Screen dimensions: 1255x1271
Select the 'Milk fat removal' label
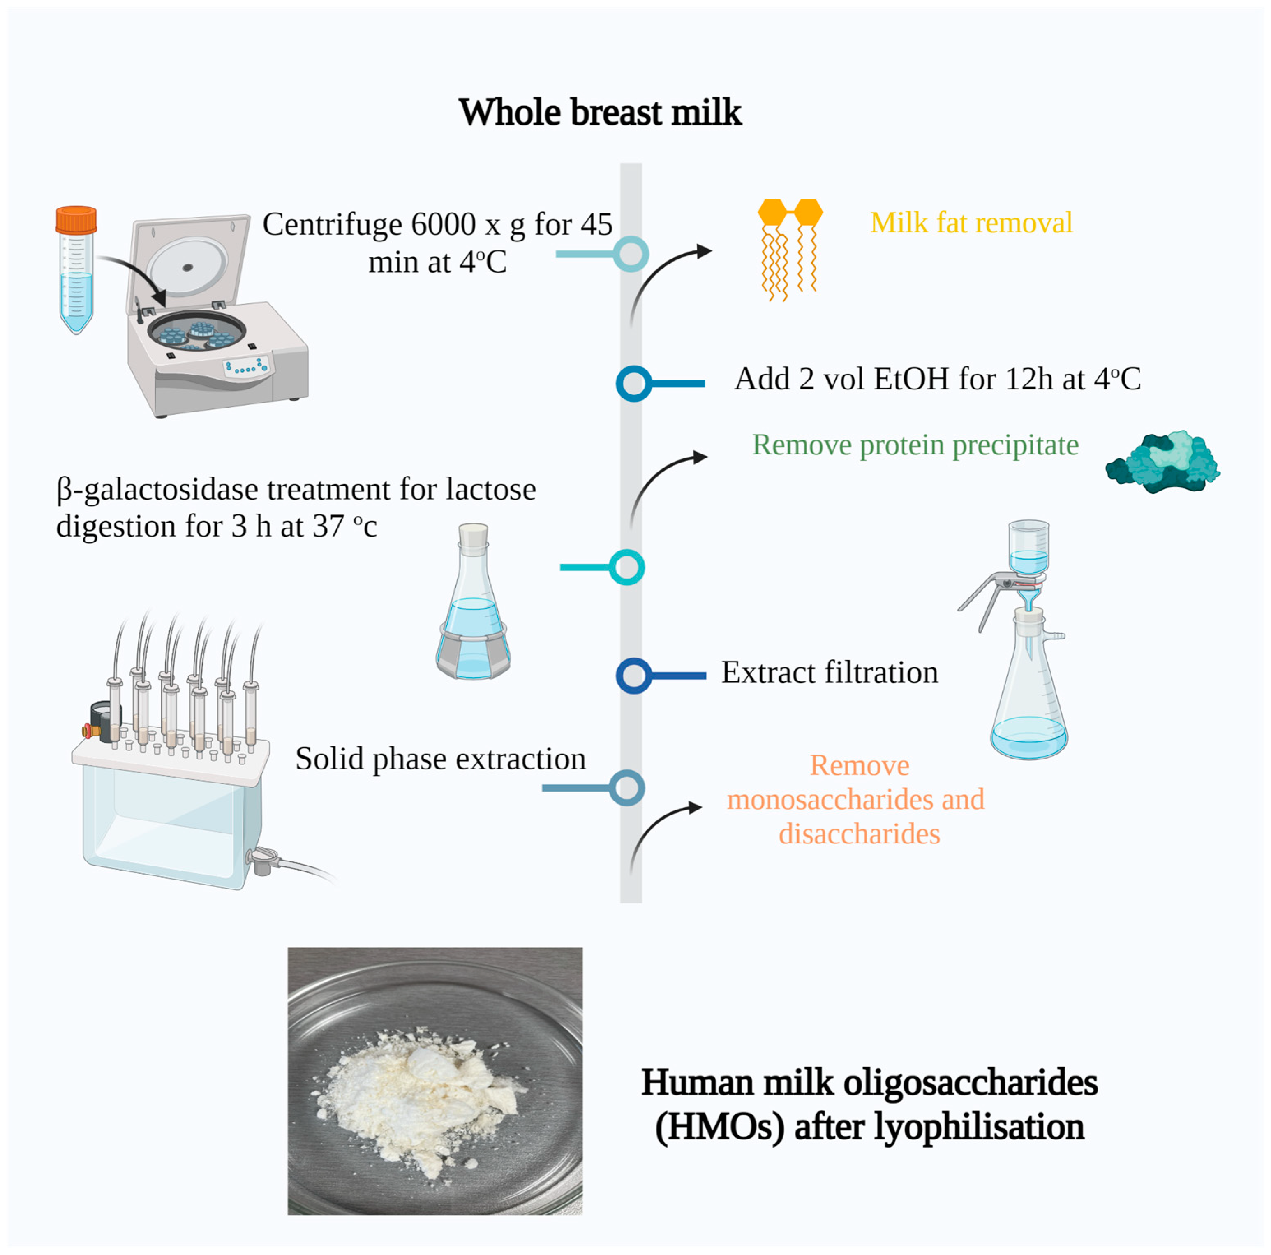pyautogui.click(x=971, y=222)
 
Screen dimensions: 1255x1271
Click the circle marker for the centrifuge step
pyautogui.click(x=631, y=254)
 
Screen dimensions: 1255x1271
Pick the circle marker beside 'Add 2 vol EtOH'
pyautogui.click(x=633, y=383)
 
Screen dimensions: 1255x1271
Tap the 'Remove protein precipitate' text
pyautogui.click(x=915, y=445)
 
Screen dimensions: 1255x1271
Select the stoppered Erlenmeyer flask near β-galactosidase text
pyautogui.click(x=473, y=602)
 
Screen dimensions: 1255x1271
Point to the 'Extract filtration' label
pyautogui.click(x=829, y=673)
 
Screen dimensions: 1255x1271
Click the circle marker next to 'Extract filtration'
pyautogui.click(x=633, y=675)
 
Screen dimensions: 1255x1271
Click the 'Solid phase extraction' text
pyautogui.click(x=440, y=759)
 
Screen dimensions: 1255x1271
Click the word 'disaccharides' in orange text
pyautogui.click(x=859, y=834)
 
